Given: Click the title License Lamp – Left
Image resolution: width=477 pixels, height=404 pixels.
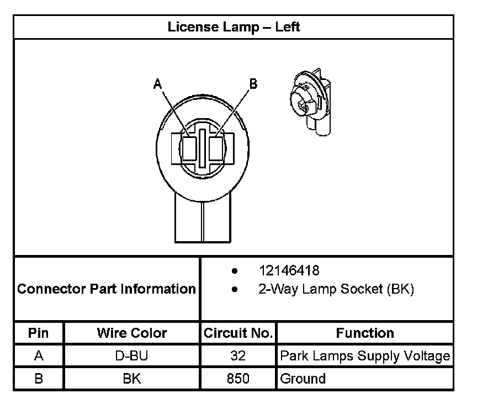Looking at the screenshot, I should point(234,27).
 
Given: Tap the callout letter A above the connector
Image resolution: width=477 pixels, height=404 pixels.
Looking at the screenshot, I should point(157,84).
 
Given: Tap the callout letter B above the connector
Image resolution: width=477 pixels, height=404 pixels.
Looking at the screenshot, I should point(253,84).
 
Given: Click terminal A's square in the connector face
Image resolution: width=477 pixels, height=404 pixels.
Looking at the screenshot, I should point(189,148).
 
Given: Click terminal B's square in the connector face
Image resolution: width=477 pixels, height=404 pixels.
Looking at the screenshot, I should point(218,148).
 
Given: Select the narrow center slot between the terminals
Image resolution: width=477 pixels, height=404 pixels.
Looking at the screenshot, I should point(204,148).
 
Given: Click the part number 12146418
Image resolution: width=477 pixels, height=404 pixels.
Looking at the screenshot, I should point(289,271).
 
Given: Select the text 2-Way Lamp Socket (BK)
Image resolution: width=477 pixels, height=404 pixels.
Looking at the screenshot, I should point(336,289).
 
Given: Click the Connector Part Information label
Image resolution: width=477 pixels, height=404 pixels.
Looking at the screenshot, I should point(107,289).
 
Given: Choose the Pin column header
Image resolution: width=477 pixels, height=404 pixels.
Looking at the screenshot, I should point(39,333).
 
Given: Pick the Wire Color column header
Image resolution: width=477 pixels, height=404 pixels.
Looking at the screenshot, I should point(132,333).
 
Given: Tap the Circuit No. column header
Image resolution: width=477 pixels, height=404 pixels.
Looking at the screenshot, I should point(238,333).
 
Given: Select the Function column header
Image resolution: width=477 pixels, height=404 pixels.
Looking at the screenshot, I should point(365,333).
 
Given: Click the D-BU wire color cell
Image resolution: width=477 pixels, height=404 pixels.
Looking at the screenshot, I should point(132,356).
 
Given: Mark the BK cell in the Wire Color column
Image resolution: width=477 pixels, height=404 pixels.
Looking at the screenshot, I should point(132,379).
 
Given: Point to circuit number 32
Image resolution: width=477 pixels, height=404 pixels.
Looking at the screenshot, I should point(238,356).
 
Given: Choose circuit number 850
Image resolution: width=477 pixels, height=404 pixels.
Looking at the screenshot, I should point(238,379).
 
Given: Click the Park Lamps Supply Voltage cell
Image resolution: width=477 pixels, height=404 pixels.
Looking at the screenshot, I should point(365,356).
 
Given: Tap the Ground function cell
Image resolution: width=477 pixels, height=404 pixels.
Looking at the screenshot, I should point(303,379).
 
